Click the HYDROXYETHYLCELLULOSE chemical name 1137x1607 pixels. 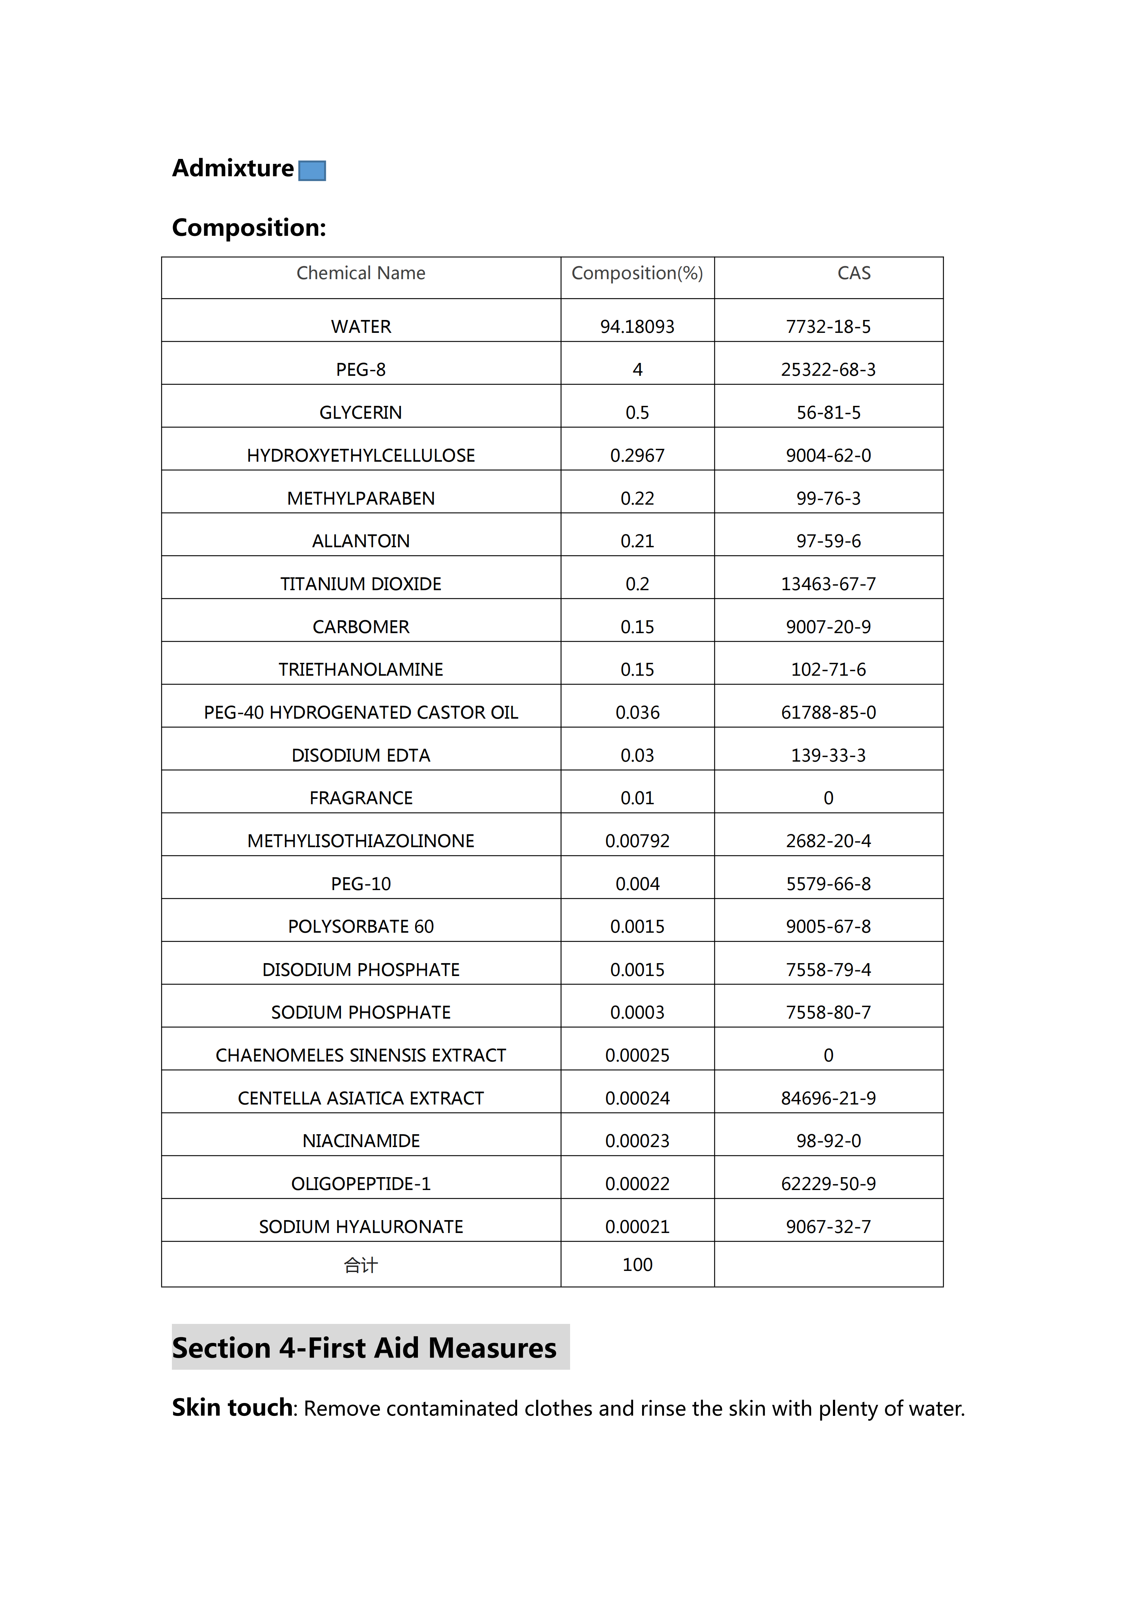coord(361,456)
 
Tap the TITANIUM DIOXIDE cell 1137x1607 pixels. coord(361,584)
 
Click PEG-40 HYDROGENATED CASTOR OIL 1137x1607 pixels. coord(361,713)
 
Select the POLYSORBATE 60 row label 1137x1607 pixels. coord(361,927)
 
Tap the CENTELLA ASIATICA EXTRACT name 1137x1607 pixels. coord(361,1098)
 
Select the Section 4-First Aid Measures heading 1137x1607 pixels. coord(364,1348)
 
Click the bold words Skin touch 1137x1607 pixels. coord(232,1408)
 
